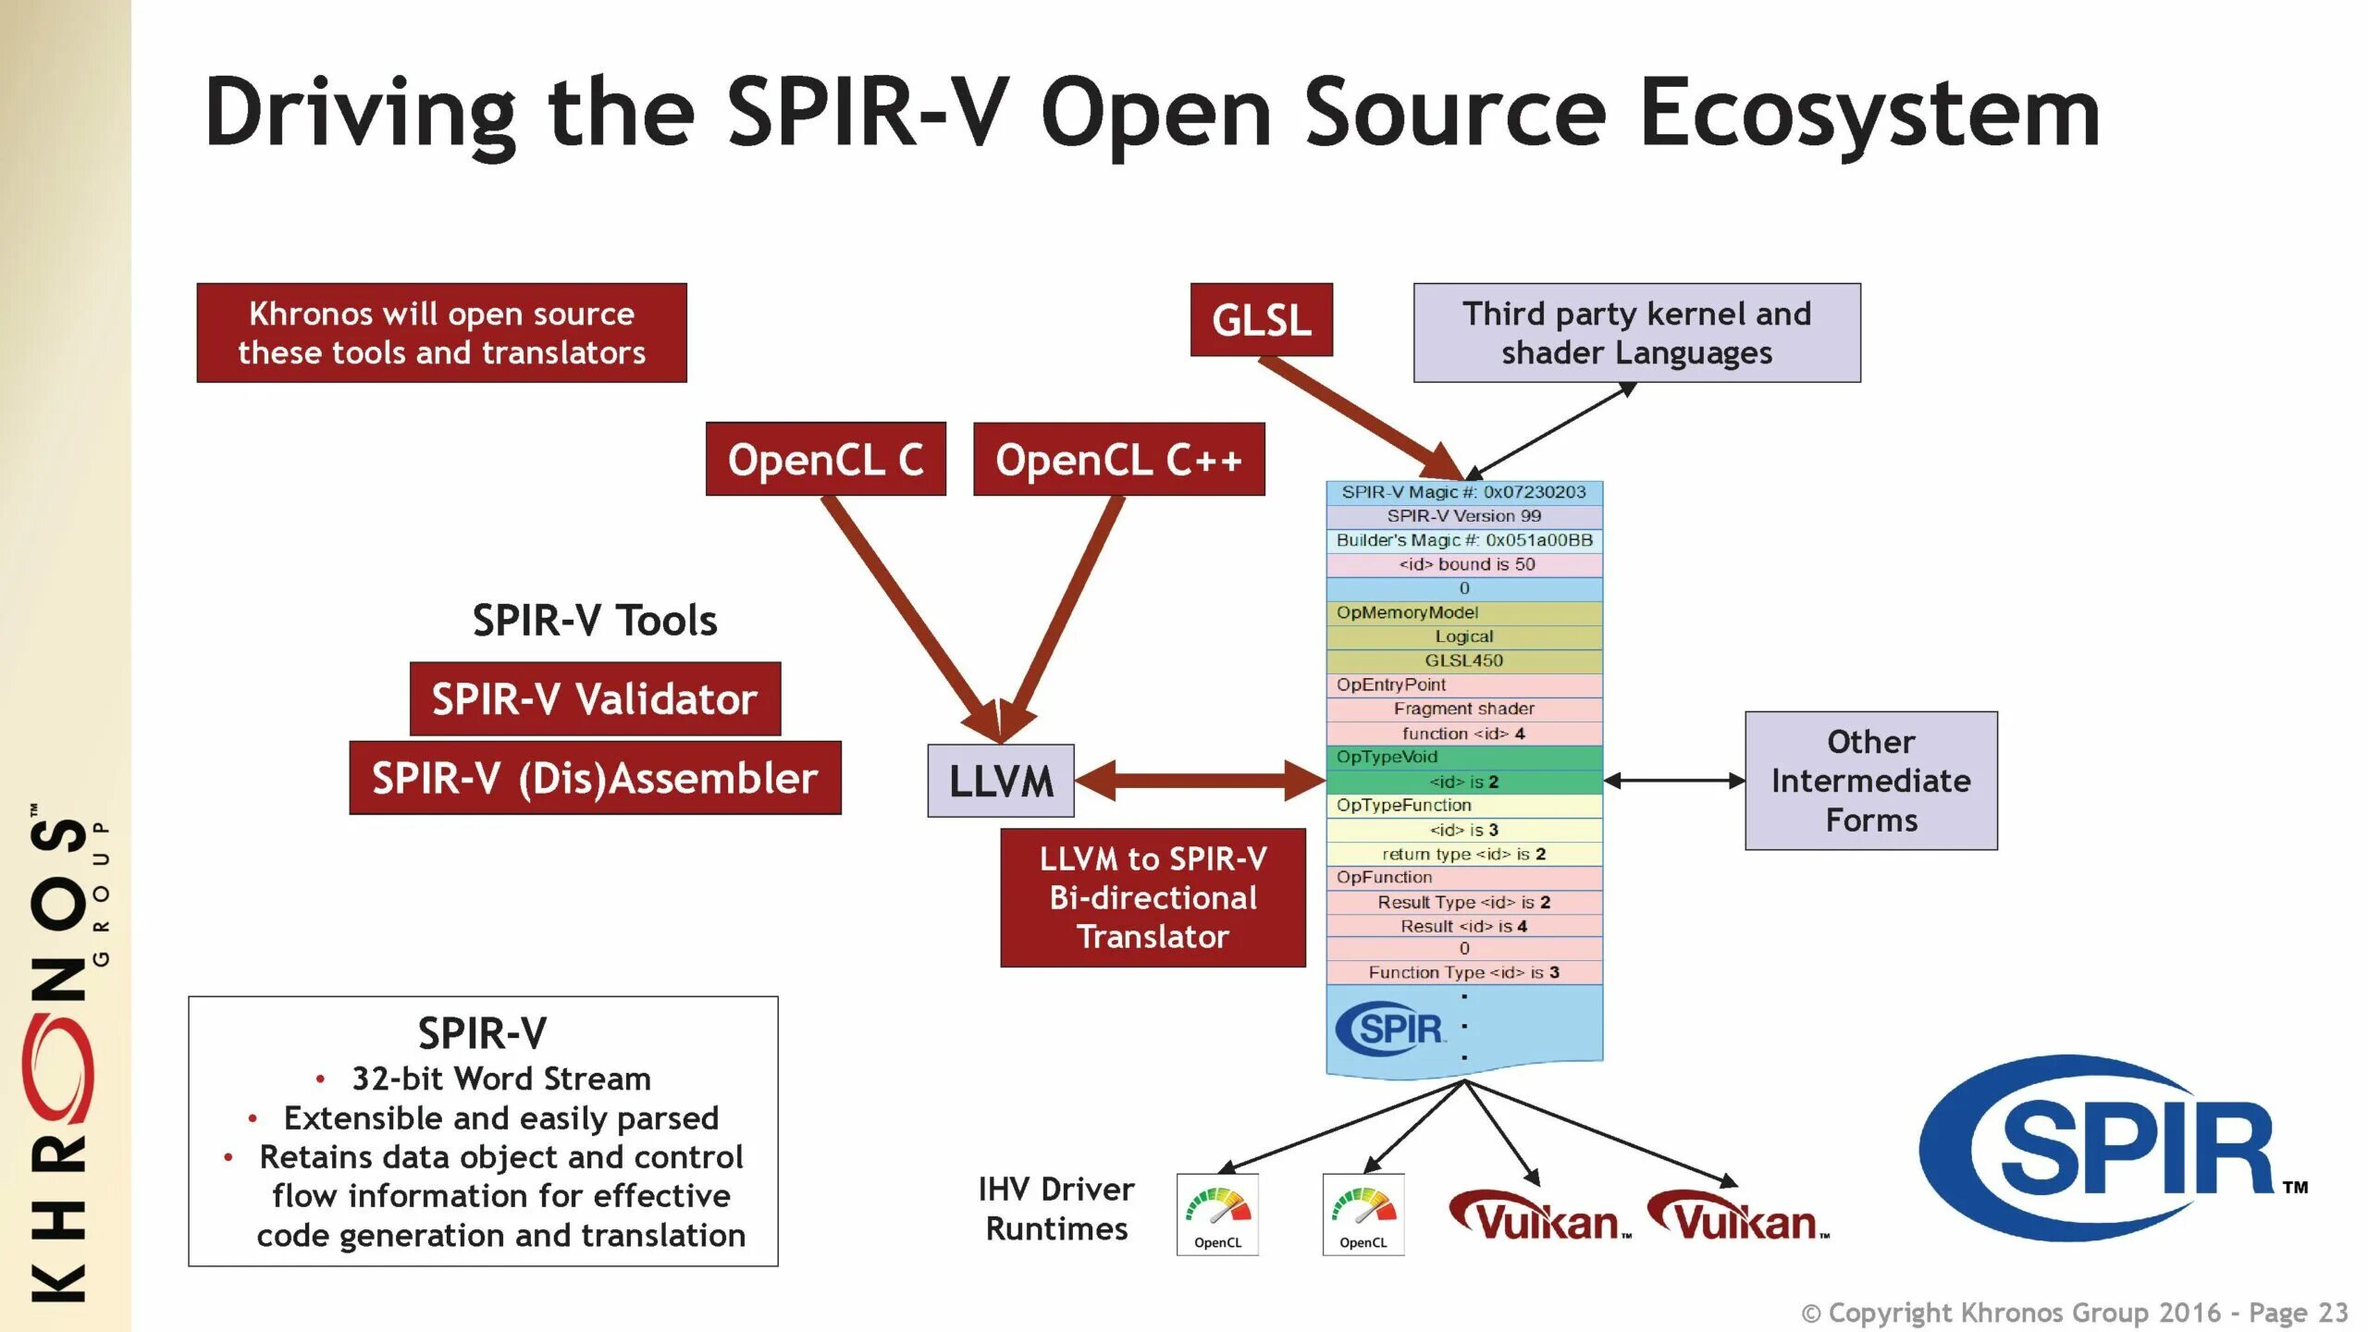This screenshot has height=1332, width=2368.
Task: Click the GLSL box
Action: pos(1261,320)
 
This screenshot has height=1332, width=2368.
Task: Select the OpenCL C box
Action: pos(825,460)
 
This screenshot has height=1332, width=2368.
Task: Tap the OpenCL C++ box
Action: pos(1118,460)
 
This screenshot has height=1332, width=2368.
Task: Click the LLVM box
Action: pos(1001,781)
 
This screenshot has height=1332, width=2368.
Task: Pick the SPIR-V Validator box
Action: pos(595,699)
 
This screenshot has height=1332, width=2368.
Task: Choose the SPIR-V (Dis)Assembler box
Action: pos(595,778)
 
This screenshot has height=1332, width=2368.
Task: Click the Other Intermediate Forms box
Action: pos(1870,781)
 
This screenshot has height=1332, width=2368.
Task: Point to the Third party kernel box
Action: pos(1636,333)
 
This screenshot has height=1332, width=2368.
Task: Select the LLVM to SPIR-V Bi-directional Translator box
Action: pos(1153,897)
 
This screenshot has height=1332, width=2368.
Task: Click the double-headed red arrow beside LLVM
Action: pos(1200,781)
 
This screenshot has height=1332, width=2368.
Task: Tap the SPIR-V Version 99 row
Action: pos(1463,516)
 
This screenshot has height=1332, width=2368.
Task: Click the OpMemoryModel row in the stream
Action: pos(1463,612)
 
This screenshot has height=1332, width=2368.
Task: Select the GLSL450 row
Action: pos(1463,660)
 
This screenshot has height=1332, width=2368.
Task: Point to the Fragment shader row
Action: pos(1463,709)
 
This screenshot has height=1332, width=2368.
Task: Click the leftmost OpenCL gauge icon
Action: pos(1217,1214)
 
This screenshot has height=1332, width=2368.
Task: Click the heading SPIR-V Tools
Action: pos(595,620)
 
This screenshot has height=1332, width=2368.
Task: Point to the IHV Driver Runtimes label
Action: pos(1056,1208)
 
